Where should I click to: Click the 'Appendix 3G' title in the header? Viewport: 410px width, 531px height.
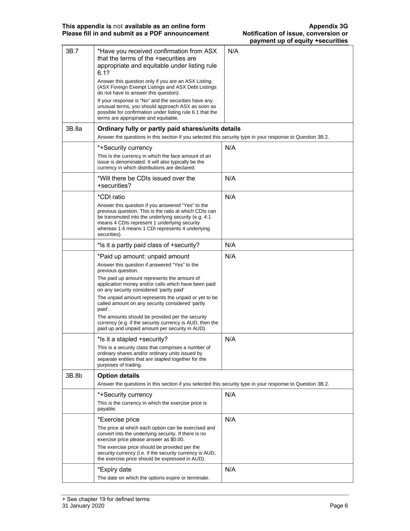[x=328, y=26]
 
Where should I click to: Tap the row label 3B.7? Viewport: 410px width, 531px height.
[x=72, y=51]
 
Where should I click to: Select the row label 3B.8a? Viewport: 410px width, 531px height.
[x=74, y=129]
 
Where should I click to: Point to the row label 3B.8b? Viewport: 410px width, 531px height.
[x=74, y=376]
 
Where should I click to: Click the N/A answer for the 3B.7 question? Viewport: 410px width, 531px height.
[x=233, y=51]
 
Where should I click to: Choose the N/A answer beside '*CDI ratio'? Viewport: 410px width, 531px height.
[x=230, y=197]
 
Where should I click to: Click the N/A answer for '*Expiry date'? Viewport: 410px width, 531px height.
[x=230, y=470]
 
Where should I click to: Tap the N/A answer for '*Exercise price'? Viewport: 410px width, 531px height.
[x=230, y=420]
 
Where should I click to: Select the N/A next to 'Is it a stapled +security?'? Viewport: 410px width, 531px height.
[x=230, y=339]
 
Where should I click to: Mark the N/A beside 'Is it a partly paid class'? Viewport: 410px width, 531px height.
[x=230, y=245]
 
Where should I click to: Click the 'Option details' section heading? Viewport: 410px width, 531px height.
[x=118, y=376]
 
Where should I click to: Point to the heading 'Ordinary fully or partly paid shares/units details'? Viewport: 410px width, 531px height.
[x=169, y=129]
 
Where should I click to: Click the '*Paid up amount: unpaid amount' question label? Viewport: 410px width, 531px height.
[x=143, y=256]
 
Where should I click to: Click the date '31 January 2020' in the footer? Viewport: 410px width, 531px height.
[x=83, y=506]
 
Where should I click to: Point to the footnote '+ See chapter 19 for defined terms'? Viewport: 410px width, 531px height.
[x=105, y=499]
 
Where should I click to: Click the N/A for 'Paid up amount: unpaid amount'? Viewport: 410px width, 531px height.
[x=230, y=256]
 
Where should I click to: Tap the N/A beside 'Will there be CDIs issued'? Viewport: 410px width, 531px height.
[x=230, y=179]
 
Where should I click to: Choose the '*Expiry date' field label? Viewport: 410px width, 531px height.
[x=114, y=470]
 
